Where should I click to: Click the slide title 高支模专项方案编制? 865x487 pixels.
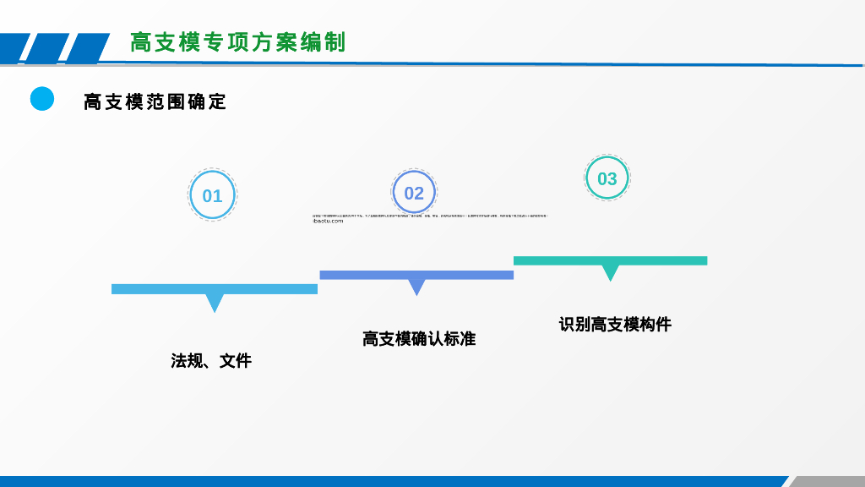(237, 42)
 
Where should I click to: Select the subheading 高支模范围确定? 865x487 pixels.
(155, 102)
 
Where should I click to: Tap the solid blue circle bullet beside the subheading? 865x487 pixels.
(42, 99)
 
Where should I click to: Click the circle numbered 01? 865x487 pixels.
(212, 195)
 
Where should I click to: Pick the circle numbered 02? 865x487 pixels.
(414, 193)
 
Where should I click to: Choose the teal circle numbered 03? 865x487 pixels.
(607, 178)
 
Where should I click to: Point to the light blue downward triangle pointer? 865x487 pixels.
(215, 302)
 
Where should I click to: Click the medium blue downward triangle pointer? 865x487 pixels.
(416, 287)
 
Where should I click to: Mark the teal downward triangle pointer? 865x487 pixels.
(610, 272)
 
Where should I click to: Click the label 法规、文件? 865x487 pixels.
(211, 361)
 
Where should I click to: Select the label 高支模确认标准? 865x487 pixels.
(419, 339)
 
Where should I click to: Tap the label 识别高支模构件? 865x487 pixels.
(615, 325)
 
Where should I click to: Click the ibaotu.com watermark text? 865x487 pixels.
(328, 222)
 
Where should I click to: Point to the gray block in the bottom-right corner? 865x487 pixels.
(828, 481)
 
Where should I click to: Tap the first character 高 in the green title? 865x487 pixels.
(140, 42)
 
